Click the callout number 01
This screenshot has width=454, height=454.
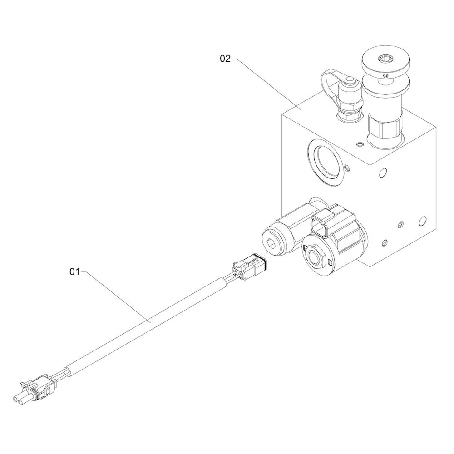point(74,272)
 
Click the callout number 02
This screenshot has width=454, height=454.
point(226,59)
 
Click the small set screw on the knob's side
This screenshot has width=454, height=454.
point(385,75)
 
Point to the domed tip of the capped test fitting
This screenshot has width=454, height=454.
point(349,81)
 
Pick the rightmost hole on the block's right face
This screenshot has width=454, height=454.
point(423,221)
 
